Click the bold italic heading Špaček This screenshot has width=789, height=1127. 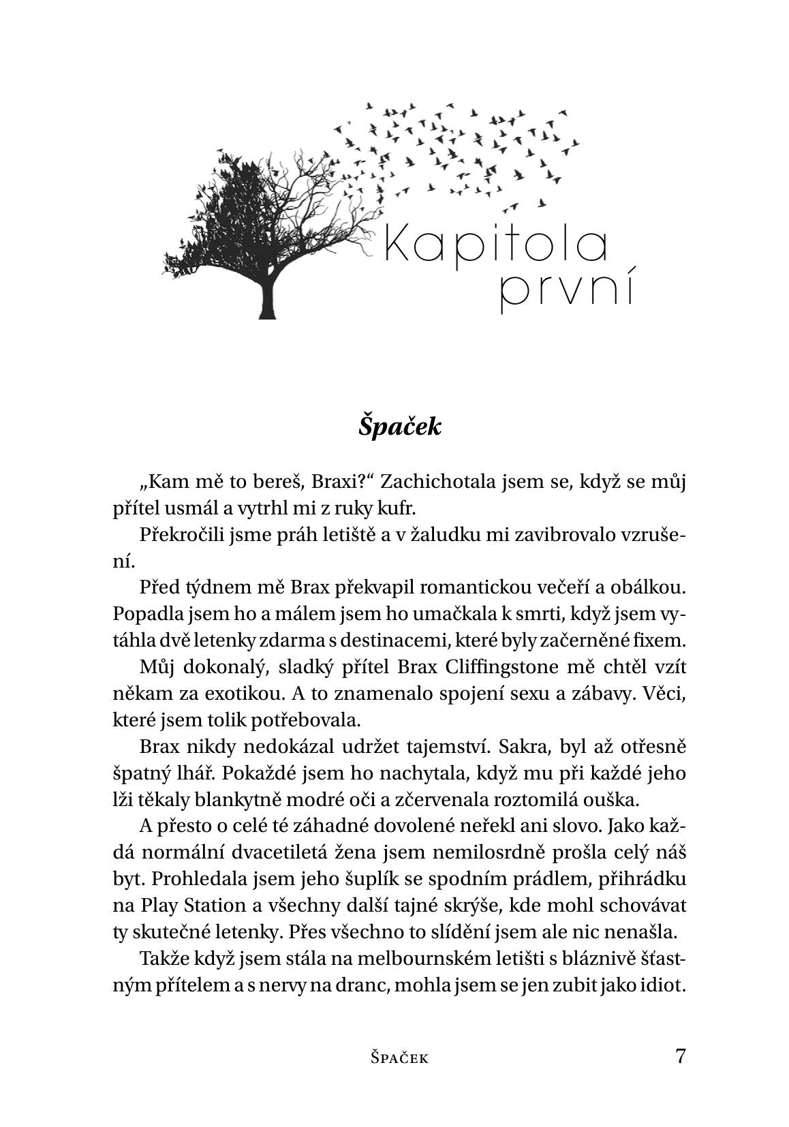pyautogui.click(x=401, y=427)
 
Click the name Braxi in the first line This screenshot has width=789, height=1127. pyautogui.click(x=341, y=482)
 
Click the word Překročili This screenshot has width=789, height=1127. pyautogui.click(x=179, y=536)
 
